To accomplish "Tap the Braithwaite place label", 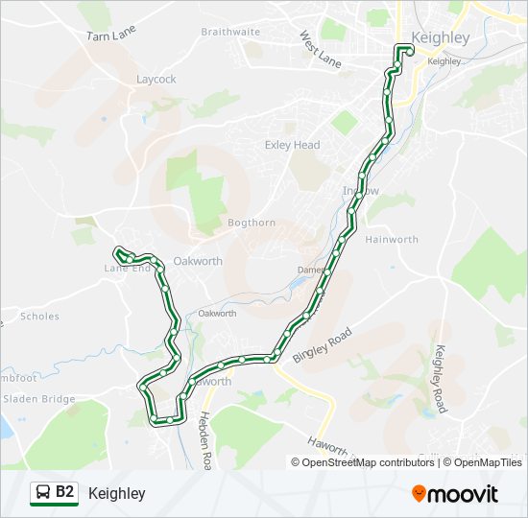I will (x=230, y=32).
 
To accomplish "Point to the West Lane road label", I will (x=320, y=50).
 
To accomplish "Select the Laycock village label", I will (x=156, y=80).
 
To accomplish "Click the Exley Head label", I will (x=292, y=145).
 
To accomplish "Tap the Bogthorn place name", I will (x=252, y=223).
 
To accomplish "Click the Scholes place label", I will (x=39, y=316).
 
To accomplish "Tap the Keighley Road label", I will (x=440, y=379).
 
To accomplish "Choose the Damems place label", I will (x=309, y=271).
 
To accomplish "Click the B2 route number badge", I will (x=65, y=492).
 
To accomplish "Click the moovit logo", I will (x=455, y=493).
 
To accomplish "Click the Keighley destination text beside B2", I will (x=116, y=493).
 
